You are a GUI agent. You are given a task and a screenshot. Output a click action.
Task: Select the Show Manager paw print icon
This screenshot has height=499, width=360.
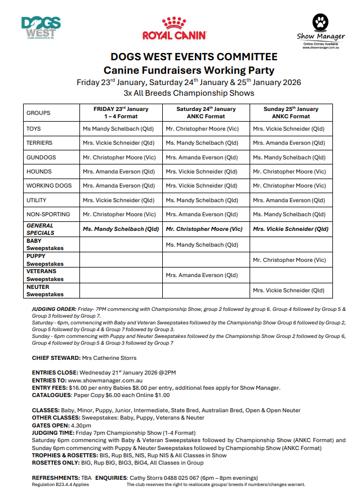pos(321,23)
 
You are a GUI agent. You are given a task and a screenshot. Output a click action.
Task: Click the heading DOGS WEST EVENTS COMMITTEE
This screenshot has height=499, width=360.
pos(194,57)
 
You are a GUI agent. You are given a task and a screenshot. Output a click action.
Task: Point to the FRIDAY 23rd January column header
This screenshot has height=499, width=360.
pos(121,112)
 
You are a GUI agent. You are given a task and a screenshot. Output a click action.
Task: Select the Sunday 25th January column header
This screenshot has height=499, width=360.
pos(291,112)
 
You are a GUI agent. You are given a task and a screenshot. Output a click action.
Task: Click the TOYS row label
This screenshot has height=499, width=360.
pos(34,129)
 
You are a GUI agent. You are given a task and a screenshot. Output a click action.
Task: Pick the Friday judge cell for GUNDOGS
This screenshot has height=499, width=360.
pos(119,157)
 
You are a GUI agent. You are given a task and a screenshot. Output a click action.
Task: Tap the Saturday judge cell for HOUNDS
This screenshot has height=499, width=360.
pos(202,171)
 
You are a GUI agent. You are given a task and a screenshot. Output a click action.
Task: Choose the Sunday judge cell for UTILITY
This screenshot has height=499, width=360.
pos(289,200)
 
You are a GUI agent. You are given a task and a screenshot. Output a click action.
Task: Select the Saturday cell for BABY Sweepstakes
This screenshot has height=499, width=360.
pos(202,244)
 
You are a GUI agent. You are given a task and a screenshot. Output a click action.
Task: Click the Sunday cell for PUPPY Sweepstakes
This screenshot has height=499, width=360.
pos(289,260)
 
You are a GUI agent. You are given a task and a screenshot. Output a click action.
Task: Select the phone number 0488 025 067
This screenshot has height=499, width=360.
pos(176,478)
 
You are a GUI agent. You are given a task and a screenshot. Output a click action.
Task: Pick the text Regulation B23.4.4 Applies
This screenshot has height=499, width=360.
pos(60,484)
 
